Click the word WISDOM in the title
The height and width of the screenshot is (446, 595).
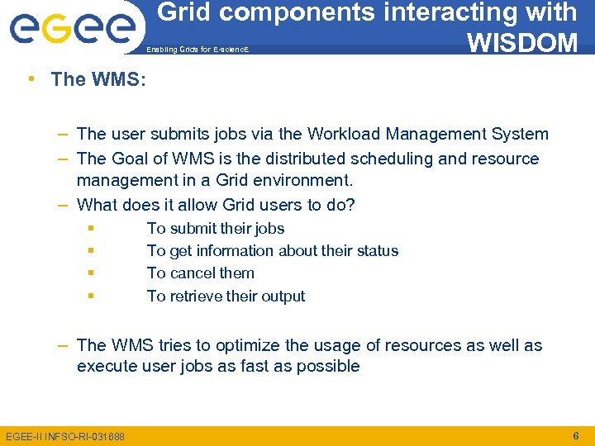click(521, 41)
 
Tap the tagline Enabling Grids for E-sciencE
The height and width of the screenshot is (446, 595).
click(197, 50)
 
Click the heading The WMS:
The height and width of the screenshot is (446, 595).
click(98, 79)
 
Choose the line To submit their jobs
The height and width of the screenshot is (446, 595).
click(215, 229)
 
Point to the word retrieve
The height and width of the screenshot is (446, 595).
click(198, 296)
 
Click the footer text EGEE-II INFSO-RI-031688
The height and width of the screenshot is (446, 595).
click(65, 436)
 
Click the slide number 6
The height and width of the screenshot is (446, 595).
click(575, 435)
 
